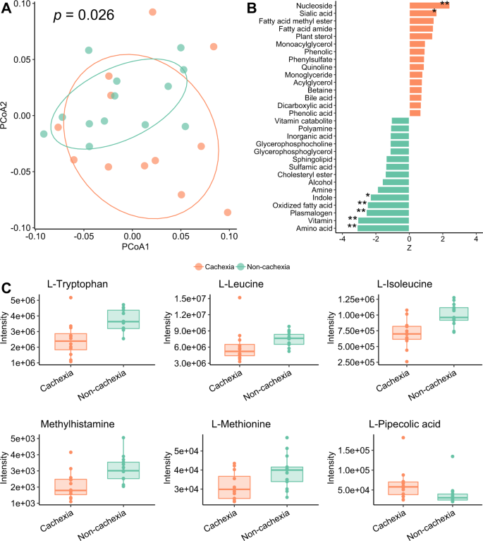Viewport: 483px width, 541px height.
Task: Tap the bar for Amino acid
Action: coord(384,227)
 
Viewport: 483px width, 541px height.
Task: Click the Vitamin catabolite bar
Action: coord(400,121)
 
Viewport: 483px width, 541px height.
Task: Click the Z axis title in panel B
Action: coord(409,249)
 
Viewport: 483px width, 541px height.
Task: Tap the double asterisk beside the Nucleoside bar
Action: coord(444,4)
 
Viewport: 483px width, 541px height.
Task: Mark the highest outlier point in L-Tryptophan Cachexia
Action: coord(70,298)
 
